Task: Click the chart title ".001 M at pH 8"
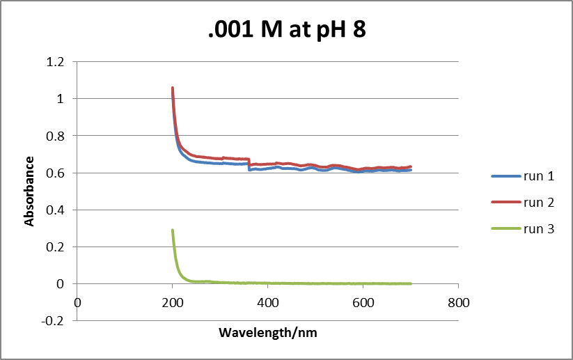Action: click(x=287, y=31)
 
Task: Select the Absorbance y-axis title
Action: click(x=29, y=191)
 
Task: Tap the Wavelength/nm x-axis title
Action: click(x=267, y=332)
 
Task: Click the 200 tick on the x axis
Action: click(x=173, y=303)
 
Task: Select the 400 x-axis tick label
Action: click(x=267, y=303)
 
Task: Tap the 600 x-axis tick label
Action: click(x=363, y=303)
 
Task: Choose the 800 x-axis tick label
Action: click(x=458, y=303)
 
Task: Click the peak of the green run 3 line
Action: click(x=173, y=230)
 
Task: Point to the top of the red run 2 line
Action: click(x=173, y=88)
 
